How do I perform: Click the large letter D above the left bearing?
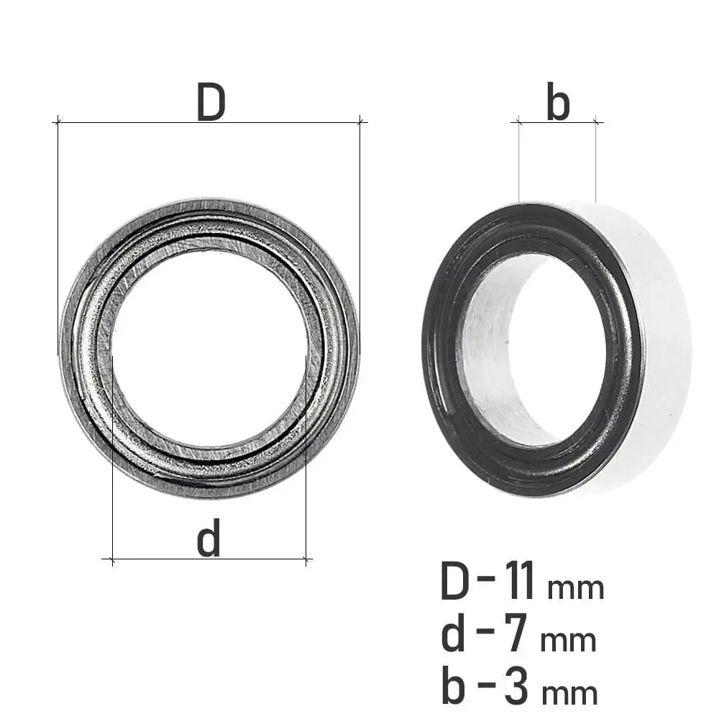point(211,102)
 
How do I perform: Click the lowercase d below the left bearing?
point(209,537)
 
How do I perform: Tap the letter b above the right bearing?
point(558,102)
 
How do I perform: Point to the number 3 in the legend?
point(517,687)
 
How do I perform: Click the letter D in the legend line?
point(455,580)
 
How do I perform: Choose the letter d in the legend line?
point(454,633)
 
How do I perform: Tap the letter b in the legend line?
point(454,687)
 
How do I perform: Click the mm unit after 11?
point(576,589)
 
